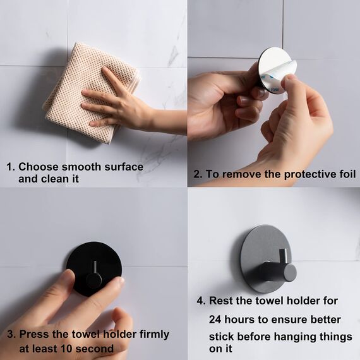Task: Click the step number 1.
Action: pyautogui.click(x=9, y=167)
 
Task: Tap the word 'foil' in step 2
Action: pyautogui.click(x=345, y=174)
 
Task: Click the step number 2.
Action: pyautogui.click(x=198, y=174)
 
